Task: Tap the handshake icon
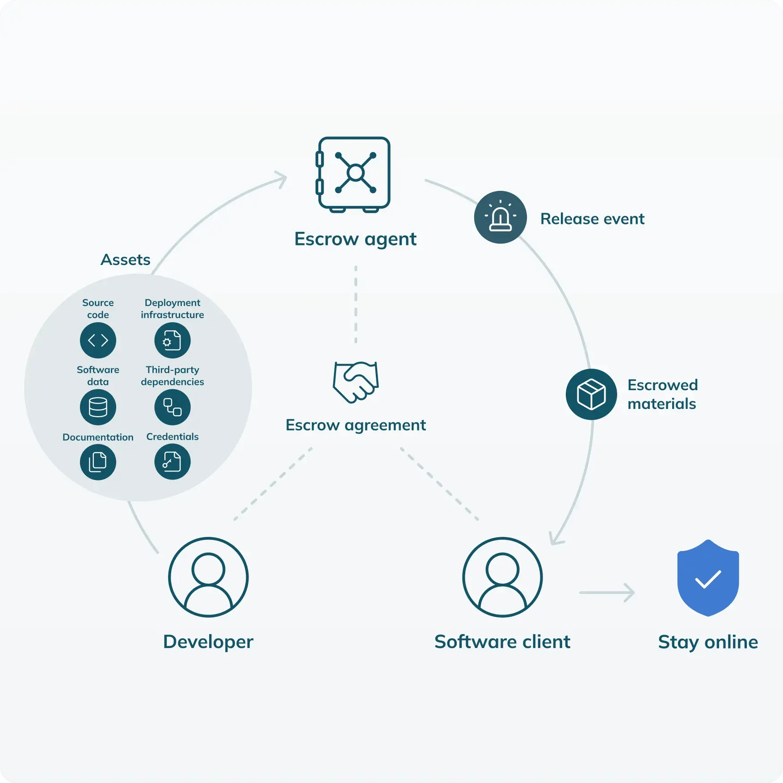pyautogui.click(x=356, y=382)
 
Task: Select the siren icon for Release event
pyautogui.click(x=501, y=217)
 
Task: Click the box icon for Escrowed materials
pyautogui.click(x=591, y=394)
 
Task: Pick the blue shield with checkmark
pyautogui.click(x=708, y=578)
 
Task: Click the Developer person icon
pyautogui.click(x=208, y=577)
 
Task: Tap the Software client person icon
pyautogui.click(x=502, y=577)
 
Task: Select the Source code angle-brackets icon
pyautogui.click(x=98, y=340)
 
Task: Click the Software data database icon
pyautogui.click(x=98, y=407)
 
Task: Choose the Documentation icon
pyautogui.click(x=98, y=462)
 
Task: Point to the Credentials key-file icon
pyautogui.click(x=173, y=462)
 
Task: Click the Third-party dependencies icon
pyautogui.click(x=173, y=407)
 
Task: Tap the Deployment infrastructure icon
pyautogui.click(x=173, y=340)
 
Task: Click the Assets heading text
pyautogui.click(x=126, y=260)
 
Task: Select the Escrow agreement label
pyautogui.click(x=356, y=425)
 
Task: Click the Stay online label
pyautogui.click(x=708, y=642)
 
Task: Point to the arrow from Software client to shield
pyautogui.click(x=607, y=593)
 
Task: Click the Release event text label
pyautogui.click(x=592, y=219)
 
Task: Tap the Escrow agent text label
pyautogui.click(x=355, y=239)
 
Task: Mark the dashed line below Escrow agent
pyautogui.click(x=356, y=304)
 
